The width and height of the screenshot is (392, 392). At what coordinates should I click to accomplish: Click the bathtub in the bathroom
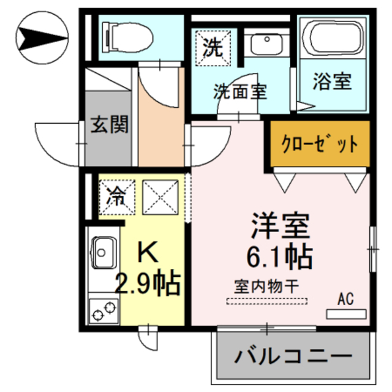[x=333, y=40]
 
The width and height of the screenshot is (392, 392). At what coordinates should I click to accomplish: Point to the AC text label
[x=345, y=300]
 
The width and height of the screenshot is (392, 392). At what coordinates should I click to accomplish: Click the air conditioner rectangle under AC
[x=345, y=314]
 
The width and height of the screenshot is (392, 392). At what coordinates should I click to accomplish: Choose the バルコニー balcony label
[x=293, y=356]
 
